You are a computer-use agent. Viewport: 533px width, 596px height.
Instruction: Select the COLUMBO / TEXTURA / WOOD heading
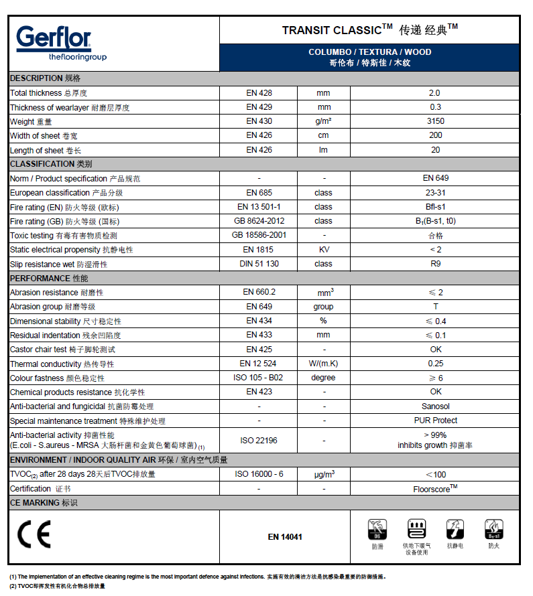tap(369, 52)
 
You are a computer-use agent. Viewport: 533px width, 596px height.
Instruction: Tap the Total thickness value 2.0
tap(434, 93)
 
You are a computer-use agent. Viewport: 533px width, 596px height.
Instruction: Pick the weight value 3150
tap(434, 121)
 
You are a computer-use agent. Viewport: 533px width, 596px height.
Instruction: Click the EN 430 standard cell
tap(259, 121)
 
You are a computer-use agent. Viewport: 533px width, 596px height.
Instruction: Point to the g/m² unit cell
tap(323, 121)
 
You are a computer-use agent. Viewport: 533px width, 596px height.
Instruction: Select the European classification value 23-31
tap(434, 192)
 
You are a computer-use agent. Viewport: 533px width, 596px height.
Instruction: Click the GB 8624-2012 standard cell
tap(259, 221)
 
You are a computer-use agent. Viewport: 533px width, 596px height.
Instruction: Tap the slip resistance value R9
tap(434, 264)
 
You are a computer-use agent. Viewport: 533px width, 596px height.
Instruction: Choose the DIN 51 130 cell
tap(259, 264)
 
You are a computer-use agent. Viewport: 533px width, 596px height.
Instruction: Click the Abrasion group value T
tap(434, 307)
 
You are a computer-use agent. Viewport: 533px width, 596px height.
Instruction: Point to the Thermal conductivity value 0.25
tap(434, 364)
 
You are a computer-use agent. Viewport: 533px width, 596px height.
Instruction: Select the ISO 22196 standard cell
tap(259, 440)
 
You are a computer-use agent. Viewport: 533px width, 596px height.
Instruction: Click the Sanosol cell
tap(434, 406)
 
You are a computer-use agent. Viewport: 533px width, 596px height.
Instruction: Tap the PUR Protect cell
tap(434, 421)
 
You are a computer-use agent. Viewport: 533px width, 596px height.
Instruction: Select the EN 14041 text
tap(285, 536)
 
